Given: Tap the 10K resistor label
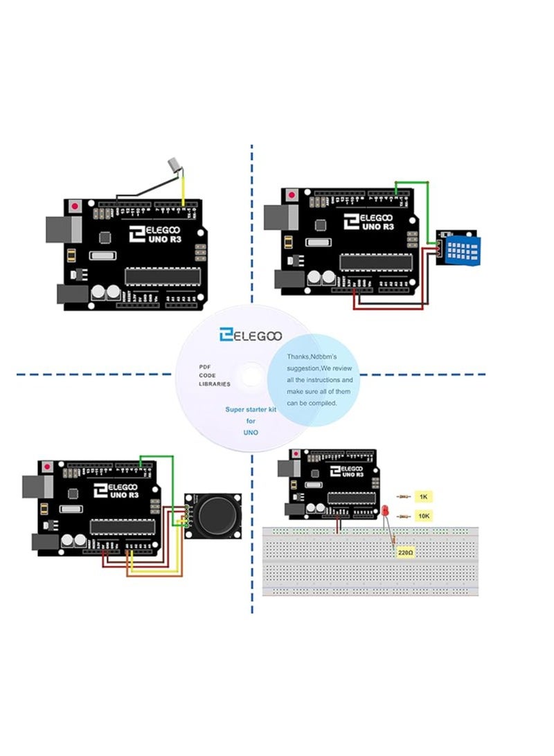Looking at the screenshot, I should tap(424, 516).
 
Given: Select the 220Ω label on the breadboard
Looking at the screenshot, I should tap(406, 553).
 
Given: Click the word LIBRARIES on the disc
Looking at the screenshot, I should tap(215, 384).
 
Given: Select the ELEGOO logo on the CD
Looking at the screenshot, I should tap(250, 335).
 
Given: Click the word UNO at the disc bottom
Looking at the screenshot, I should tap(251, 431).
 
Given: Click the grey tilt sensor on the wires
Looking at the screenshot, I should tap(173, 165).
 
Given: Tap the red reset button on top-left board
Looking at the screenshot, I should tap(75, 206).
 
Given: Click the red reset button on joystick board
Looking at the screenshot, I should tap(47, 468).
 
